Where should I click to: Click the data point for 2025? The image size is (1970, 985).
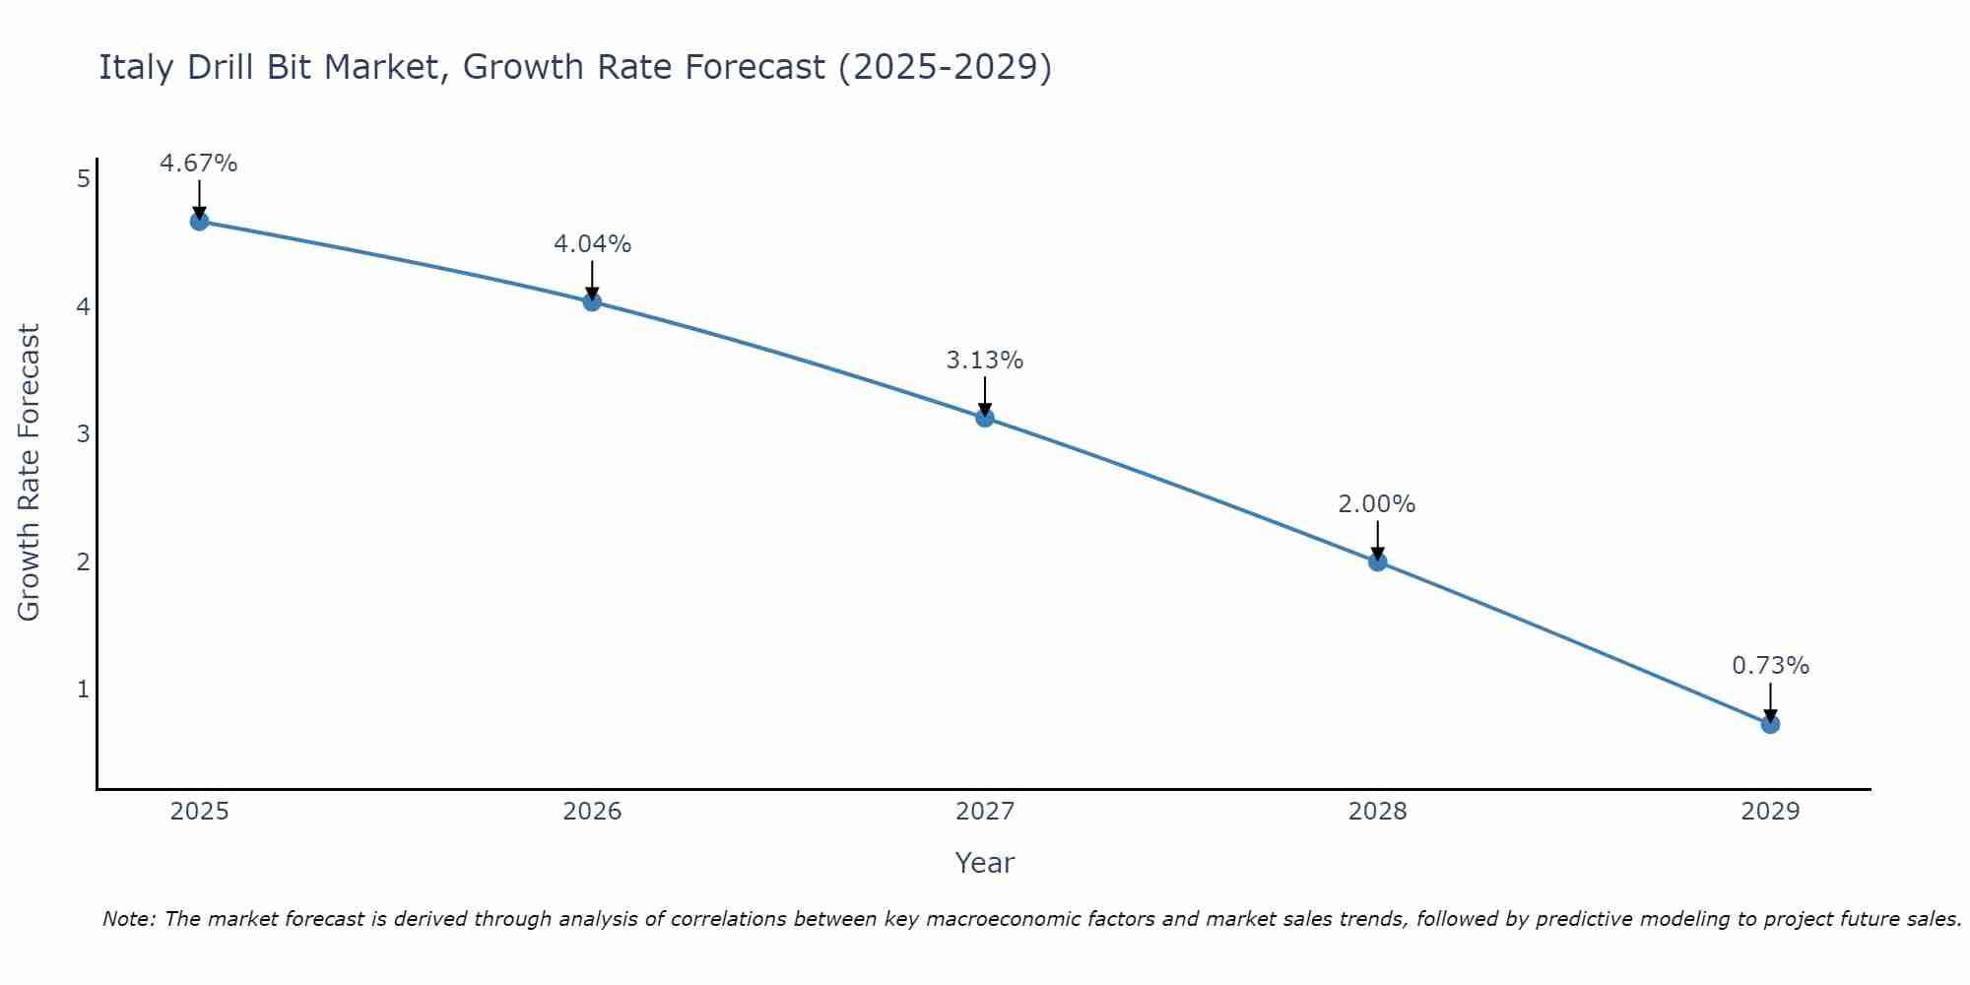tap(199, 221)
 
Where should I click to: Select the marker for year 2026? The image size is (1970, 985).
tap(592, 301)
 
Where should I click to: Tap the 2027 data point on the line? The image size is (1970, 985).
tap(985, 418)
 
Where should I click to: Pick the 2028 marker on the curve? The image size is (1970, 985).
tap(1377, 561)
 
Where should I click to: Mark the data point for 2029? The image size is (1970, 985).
tap(1770, 724)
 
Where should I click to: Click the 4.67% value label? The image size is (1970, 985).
tap(199, 164)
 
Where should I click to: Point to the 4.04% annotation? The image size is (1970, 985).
tap(592, 244)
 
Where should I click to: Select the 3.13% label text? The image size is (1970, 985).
tap(985, 361)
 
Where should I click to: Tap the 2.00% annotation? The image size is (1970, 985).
tap(1377, 504)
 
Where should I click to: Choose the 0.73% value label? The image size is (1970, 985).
tap(1770, 666)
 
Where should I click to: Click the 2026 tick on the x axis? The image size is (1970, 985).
tap(592, 812)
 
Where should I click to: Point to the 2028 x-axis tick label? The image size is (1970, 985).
tap(1377, 812)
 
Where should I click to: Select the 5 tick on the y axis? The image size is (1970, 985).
tap(84, 179)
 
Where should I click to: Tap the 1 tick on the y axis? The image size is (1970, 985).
tap(84, 689)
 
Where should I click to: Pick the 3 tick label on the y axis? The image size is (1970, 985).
tap(84, 434)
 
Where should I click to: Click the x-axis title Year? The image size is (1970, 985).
tap(985, 863)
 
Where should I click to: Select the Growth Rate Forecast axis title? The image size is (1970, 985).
tap(30, 473)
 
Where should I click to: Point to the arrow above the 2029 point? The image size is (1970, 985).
tap(1770, 701)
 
